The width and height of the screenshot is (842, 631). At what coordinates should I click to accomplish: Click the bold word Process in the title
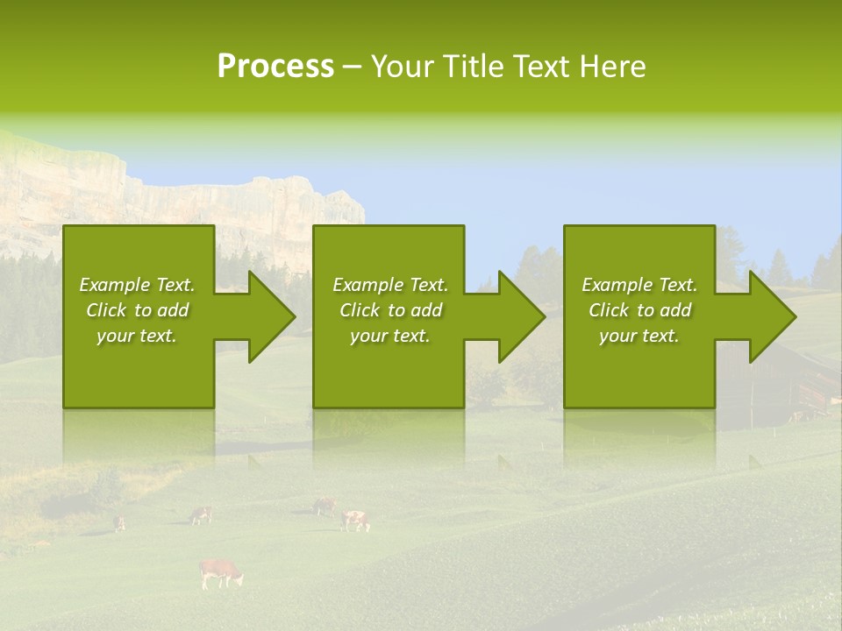275,67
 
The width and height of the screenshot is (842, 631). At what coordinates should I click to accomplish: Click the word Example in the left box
114,285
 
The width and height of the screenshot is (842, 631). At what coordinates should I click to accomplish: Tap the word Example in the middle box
367,285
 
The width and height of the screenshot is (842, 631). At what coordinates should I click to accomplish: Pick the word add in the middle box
426,310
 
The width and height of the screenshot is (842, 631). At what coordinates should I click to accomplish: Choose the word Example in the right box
617,285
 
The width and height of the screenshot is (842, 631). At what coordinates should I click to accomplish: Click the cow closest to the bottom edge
220,572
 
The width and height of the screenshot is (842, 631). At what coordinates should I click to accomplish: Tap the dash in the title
352,67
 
